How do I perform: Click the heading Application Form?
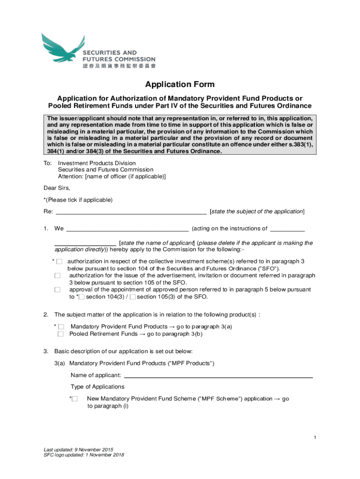pyautogui.click(x=180, y=85)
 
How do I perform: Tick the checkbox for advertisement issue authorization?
pyautogui.click(x=57, y=276)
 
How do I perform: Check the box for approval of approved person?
pyautogui.click(x=57, y=290)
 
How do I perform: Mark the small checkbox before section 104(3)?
pyautogui.click(x=82, y=297)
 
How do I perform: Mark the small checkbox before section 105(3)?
pyautogui.click(x=133, y=297)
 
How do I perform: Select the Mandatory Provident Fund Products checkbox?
pyautogui.click(x=61, y=327)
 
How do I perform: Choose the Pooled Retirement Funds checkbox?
pyautogui.click(x=61, y=334)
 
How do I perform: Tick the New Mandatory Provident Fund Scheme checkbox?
pyautogui.click(x=75, y=399)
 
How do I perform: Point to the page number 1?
pyautogui.click(x=316, y=437)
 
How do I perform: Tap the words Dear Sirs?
pyautogui.click(x=57, y=188)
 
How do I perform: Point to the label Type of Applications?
pyautogui.click(x=98, y=387)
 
